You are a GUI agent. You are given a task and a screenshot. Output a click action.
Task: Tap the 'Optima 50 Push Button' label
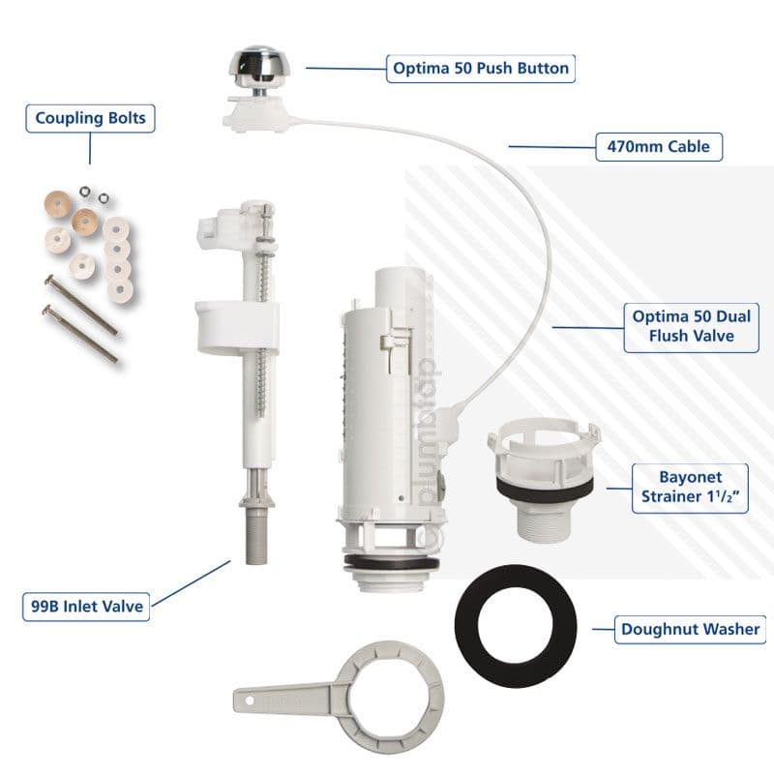coord(480,69)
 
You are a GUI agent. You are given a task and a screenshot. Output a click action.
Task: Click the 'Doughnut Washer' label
coord(690,630)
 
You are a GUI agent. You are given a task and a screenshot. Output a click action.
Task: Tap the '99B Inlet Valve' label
coord(85,607)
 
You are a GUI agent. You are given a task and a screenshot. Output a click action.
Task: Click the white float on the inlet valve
coord(237,324)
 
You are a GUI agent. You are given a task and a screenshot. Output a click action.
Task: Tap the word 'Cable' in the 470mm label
coord(682,147)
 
